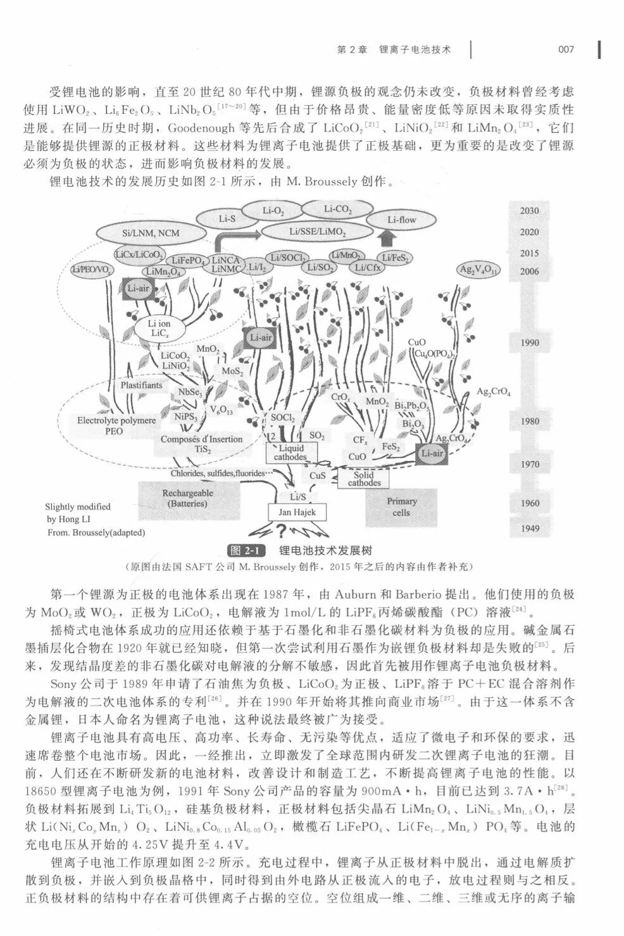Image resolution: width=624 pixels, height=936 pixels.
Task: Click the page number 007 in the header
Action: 566,49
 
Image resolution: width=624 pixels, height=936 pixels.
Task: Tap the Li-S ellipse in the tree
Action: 227,219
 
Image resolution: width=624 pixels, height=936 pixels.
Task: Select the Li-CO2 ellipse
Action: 337,209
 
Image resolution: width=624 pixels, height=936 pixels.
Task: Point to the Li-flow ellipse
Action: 401,220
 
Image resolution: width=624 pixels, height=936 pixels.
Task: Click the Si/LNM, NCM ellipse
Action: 151,233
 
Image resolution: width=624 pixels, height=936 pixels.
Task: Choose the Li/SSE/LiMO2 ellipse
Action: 317,232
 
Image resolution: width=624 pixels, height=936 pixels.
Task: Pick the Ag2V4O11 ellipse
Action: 478,270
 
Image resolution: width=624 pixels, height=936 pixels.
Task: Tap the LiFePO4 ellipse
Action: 187,261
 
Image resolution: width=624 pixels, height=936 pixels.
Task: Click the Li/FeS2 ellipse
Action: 395,258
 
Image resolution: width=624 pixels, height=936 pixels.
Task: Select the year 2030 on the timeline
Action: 529,211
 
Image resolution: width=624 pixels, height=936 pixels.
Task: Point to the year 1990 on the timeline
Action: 529,342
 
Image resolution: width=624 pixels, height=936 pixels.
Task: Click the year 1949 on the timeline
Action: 529,528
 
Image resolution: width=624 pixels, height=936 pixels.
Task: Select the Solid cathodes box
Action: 364,478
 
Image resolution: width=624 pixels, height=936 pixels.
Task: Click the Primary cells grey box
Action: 401,507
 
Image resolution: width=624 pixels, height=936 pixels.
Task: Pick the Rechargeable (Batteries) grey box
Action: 187,498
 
